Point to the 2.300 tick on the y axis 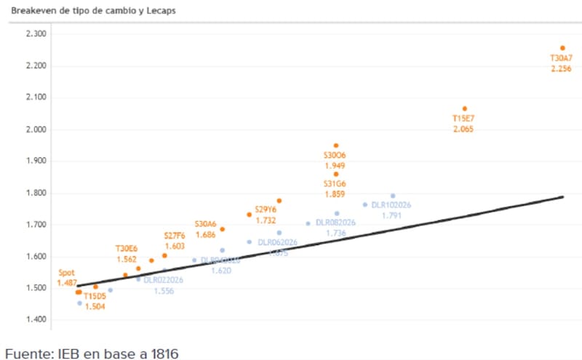point(35,34)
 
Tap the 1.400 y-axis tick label point(35,320)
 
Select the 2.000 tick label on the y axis point(35,129)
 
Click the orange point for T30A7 point(562,48)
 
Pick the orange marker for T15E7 point(465,109)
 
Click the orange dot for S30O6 point(336,146)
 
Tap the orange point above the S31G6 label point(336,174)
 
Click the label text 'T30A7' point(561,58)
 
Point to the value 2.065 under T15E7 point(463,129)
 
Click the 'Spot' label point(67,273)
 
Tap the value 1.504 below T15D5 point(95,307)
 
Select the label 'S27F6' point(175,236)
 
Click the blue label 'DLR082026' point(335,223)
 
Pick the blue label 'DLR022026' point(163,279)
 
